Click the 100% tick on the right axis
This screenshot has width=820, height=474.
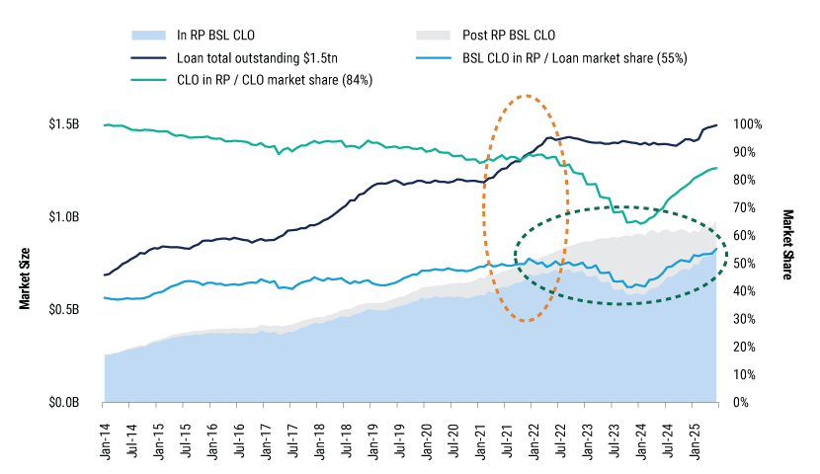point(748,124)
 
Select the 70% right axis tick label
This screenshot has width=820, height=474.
point(745,208)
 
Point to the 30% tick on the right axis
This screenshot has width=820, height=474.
point(745,320)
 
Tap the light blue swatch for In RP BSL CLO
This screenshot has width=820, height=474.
point(146,36)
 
